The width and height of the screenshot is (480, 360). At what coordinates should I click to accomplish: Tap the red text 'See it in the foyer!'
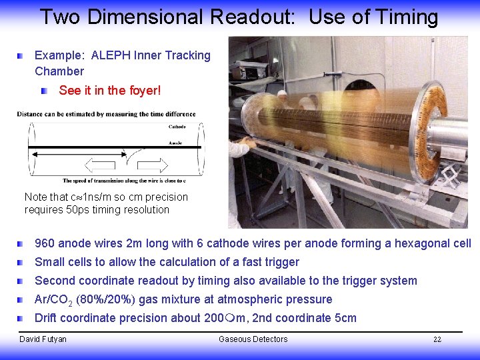[109, 90]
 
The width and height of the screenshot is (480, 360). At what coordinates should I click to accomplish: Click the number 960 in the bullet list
[46, 243]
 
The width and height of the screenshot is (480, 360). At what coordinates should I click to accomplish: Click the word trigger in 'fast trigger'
[280, 262]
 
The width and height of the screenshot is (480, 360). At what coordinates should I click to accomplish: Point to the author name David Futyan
[43, 339]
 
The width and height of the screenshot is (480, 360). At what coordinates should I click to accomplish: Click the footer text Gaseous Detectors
[253, 339]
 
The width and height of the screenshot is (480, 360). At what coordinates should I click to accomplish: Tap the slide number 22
[437, 339]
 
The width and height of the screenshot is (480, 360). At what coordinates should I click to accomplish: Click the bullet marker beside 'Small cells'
[22, 262]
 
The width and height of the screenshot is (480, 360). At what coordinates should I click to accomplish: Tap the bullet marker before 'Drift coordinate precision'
[22, 318]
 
